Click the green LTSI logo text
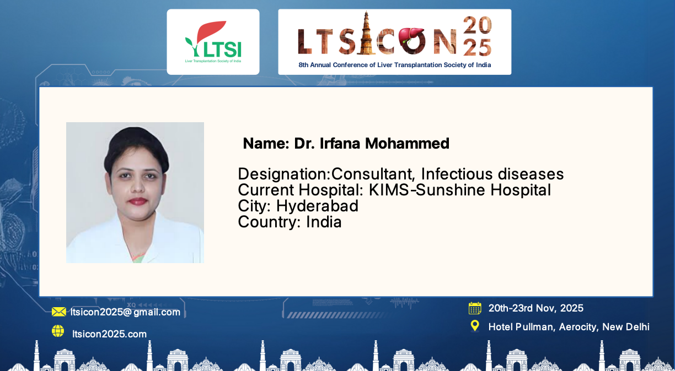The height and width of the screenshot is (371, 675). pyautogui.click(x=222, y=50)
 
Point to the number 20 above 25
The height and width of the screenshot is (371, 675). pyautogui.click(x=478, y=25)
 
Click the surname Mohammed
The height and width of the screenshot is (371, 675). pyautogui.click(x=407, y=144)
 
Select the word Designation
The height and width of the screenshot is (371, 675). pyautogui.click(x=284, y=174)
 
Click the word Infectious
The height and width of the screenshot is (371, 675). pyautogui.click(x=457, y=174)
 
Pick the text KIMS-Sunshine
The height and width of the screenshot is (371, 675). pyautogui.click(x=427, y=190)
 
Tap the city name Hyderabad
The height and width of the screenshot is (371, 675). pyautogui.click(x=317, y=206)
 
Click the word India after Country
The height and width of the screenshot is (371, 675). pyautogui.click(x=324, y=222)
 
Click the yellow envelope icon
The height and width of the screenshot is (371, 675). pyautogui.click(x=59, y=312)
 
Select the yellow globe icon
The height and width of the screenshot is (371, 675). pyautogui.click(x=58, y=331)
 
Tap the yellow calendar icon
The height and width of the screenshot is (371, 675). pyautogui.click(x=475, y=308)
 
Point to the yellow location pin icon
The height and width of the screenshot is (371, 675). pyautogui.click(x=475, y=326)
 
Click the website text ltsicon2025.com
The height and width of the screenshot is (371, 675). pyautogui.click(x=109, y=334)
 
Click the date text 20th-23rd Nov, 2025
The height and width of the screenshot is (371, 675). pyautogui.click(x=536, y=308)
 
